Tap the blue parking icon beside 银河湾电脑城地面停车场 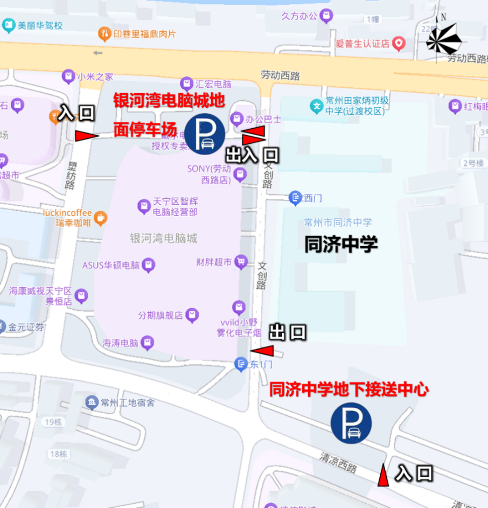[x=205, y=134]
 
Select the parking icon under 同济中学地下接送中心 [x=351, y=423]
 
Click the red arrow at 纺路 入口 [x=86, y=136]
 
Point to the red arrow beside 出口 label [x=262, y=351]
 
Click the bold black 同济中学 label [x=341, y=244]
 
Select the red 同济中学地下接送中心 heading [x=348, y=389]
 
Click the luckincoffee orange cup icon [x=100, y=218]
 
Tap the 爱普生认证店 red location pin [x=399, y=43]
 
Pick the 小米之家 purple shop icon [x=68, y=76]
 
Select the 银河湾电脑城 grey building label [x=164, y=238]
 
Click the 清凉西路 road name [x=338, y=462]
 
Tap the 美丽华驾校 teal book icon [x=9, y=25]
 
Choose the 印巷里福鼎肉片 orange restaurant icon [x=104, y=34]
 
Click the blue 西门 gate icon [x=295, y=198]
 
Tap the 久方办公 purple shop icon [x=325, y=16]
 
